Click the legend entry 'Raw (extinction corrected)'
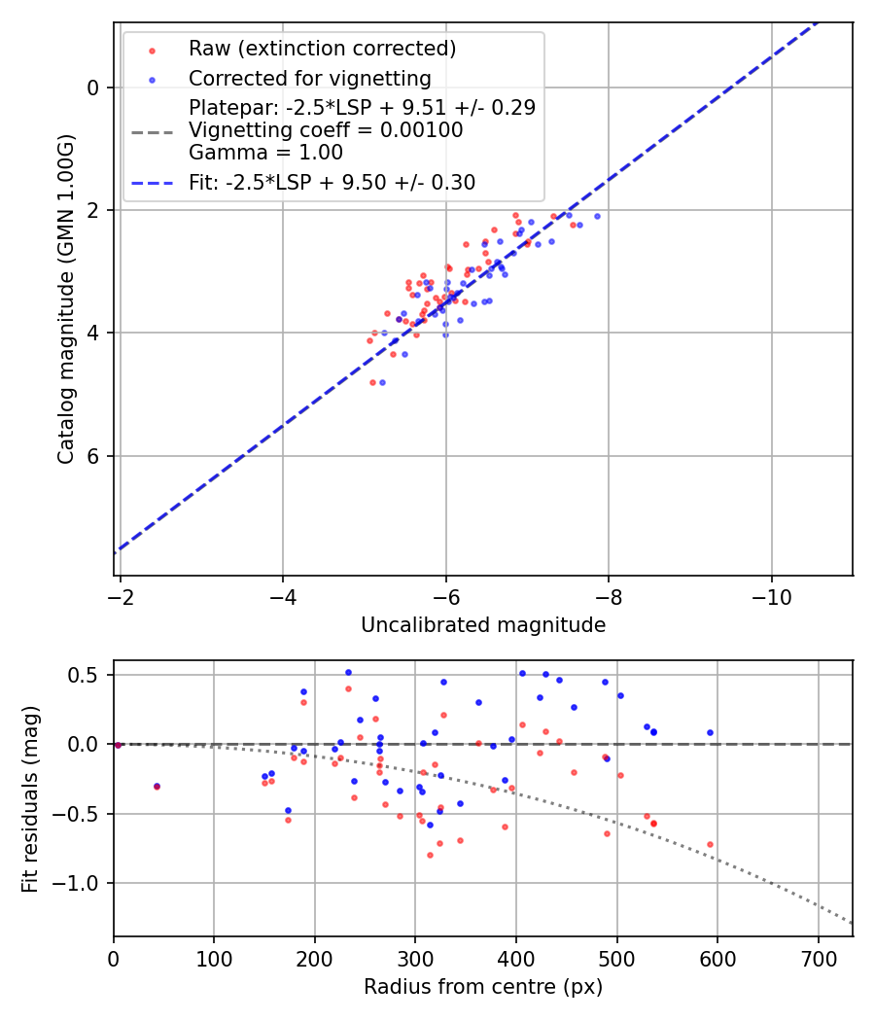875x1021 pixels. point(322,49)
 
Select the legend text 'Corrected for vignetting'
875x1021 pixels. point(309,78)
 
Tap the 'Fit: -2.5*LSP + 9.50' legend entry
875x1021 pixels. point(332,182)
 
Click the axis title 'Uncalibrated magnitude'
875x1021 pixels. point(483,625)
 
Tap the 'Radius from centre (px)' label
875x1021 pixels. point(483,987)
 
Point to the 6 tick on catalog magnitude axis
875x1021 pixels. point(92,456)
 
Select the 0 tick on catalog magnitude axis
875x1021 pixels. point(92,88)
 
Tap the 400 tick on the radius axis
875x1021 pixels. point(515,959)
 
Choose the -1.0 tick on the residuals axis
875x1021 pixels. point(82,883)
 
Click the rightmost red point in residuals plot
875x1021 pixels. point(710,844)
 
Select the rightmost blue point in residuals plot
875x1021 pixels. point(710,732)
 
